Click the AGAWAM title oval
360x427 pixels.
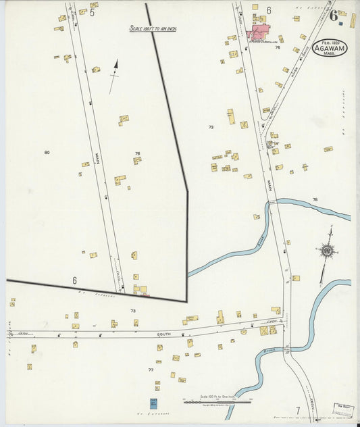pos(330,47)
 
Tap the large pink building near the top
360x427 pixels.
pos(259,31)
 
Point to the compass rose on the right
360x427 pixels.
pos(328,251)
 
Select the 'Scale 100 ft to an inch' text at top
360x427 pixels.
pos(153,29)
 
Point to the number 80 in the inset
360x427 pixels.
pos(47,152)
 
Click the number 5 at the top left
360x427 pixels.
pos(92,12)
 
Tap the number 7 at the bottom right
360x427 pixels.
pos(297,410)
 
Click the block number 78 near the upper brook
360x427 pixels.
pos(315,199)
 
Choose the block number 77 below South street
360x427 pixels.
pos(151,370)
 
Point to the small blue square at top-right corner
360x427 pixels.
pos(341,23)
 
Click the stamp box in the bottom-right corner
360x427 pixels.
pos(342,410)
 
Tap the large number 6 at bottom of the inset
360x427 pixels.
pos(74,280)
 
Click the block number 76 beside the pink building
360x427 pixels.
pos(277,47)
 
